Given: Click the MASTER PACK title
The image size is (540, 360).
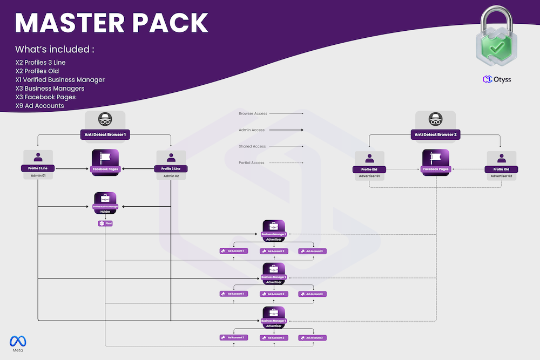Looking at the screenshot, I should click(111, 23).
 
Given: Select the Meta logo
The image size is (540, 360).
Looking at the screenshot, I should click(18, 342).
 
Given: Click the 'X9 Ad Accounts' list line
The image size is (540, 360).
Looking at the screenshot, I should click(40, 106).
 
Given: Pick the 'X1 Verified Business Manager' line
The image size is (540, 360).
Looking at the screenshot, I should click(60, 80).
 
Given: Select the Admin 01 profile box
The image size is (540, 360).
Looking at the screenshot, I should click(38, 164).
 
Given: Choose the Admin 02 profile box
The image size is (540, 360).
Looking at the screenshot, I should click(171, 164).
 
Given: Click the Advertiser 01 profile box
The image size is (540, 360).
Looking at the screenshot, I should click(369, 165).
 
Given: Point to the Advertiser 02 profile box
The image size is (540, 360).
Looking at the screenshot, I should click(501, 165).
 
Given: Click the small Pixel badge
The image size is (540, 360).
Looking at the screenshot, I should click(105, 223).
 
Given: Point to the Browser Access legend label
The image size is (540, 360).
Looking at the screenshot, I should click(253, 114).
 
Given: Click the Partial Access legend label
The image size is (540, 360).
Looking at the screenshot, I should click(252, 162).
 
